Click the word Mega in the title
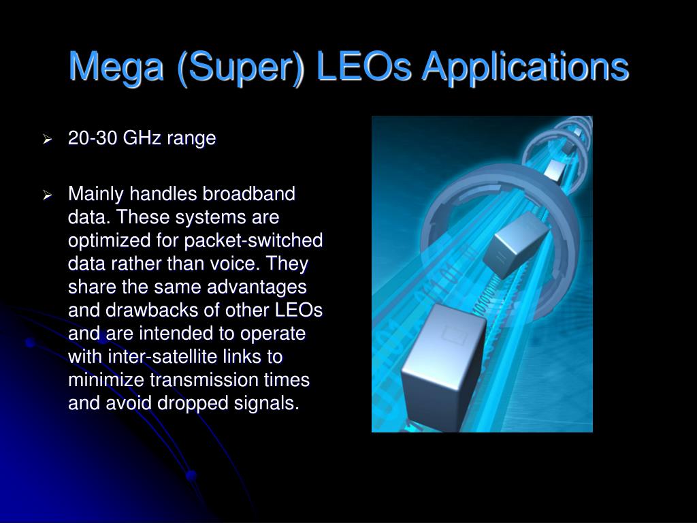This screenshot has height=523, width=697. click(116, 67)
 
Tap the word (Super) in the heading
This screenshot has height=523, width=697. click(240, 67)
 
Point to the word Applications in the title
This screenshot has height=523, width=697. click(525, 67)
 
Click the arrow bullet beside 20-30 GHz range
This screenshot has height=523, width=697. click(48, 140)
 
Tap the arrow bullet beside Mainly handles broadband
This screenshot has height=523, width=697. click(48, 195)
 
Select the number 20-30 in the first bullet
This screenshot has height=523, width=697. click(93, 138)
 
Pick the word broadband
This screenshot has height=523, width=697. click(249, 193)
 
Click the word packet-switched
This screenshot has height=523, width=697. click(253, 240)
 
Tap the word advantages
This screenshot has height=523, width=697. click(257, 287)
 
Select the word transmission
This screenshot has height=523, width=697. click(204, 380)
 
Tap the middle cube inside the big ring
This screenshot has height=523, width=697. click(516, 244)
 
